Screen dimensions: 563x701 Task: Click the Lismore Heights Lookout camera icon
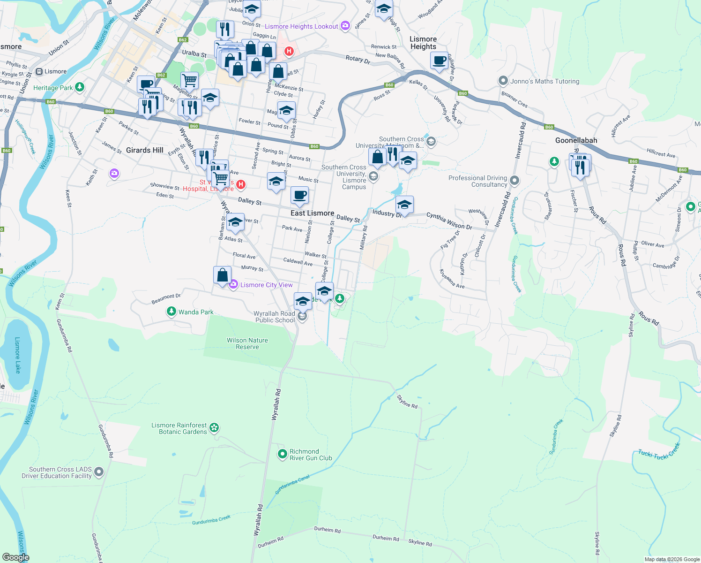click(x=345, y=26)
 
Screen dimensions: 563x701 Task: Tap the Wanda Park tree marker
click(x=172, y=312)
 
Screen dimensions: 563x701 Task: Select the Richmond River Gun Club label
click(x=310, y=455)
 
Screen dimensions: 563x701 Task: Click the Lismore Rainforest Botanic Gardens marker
click(x=214, y=427)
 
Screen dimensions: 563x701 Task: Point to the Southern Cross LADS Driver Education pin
click(x=99, y=472)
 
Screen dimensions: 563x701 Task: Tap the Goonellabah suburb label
click(x=576, y=140)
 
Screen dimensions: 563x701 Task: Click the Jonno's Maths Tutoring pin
click(x=503, y=81)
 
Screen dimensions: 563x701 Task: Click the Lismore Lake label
click(x=18, y=355)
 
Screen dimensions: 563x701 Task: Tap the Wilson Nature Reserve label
click(x=247, y=343)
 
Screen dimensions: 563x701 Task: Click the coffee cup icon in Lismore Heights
click(x=439, y=61)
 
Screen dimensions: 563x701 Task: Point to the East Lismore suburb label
click(x=312, y=213)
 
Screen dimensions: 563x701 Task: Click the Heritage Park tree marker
click(x=80, y=87)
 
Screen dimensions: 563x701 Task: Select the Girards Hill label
click(x=144, y=150)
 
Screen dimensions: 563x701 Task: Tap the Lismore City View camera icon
click(x=233, y=284)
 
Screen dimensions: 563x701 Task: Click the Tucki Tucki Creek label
click(x=658, y=451)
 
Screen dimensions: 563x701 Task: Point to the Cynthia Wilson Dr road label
click(x=449, y=221)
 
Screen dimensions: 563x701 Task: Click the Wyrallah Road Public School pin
click(x=303, y=316)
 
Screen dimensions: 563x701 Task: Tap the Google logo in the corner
click(x=15, y=557)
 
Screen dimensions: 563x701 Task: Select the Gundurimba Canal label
click(x=292, y=485)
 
